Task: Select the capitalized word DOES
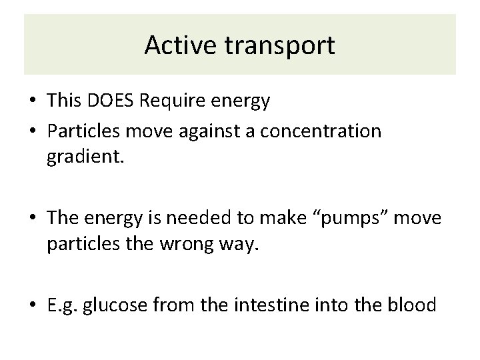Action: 109,101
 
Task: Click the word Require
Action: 172,101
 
